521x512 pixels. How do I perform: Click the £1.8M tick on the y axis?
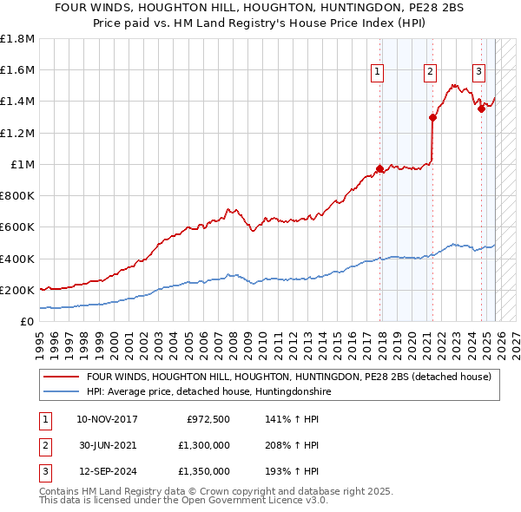pos(17,39)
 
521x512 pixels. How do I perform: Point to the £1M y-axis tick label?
pos(23,165)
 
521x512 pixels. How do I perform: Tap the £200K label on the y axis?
pos(17,291)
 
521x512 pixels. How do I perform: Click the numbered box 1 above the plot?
pos(379,72)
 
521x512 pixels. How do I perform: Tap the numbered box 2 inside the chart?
pos(431,72)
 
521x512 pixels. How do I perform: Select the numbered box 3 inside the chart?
pos(478,72)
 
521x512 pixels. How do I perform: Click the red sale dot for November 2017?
pos(379,168)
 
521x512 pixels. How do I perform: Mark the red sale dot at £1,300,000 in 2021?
pos(432,117)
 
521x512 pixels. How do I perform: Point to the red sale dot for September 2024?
pos(481,109)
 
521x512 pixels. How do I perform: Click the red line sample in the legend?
pos(62,377)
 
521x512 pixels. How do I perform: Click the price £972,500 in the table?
pos(208,419)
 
